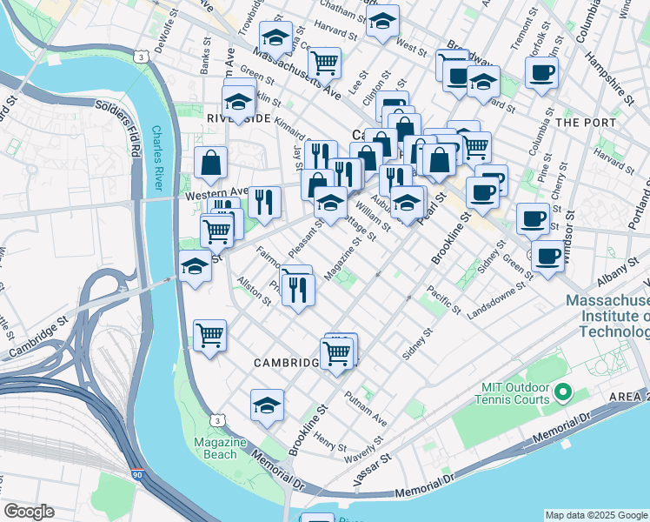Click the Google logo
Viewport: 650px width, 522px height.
pyautogui.click(x=29, y=512)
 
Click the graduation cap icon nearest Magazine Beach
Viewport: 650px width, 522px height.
pyautogui.click(x=267, y=404)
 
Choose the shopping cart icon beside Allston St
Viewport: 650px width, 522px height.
pyautogui.click(x=209, y=333)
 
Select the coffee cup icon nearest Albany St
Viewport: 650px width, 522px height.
pyautogui.click(x=548, y=256)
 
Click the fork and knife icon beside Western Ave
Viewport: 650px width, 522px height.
pyautogui.click(x=265, y=201)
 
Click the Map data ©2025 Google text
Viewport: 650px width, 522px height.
pyautogui.click(x=596, y=515)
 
